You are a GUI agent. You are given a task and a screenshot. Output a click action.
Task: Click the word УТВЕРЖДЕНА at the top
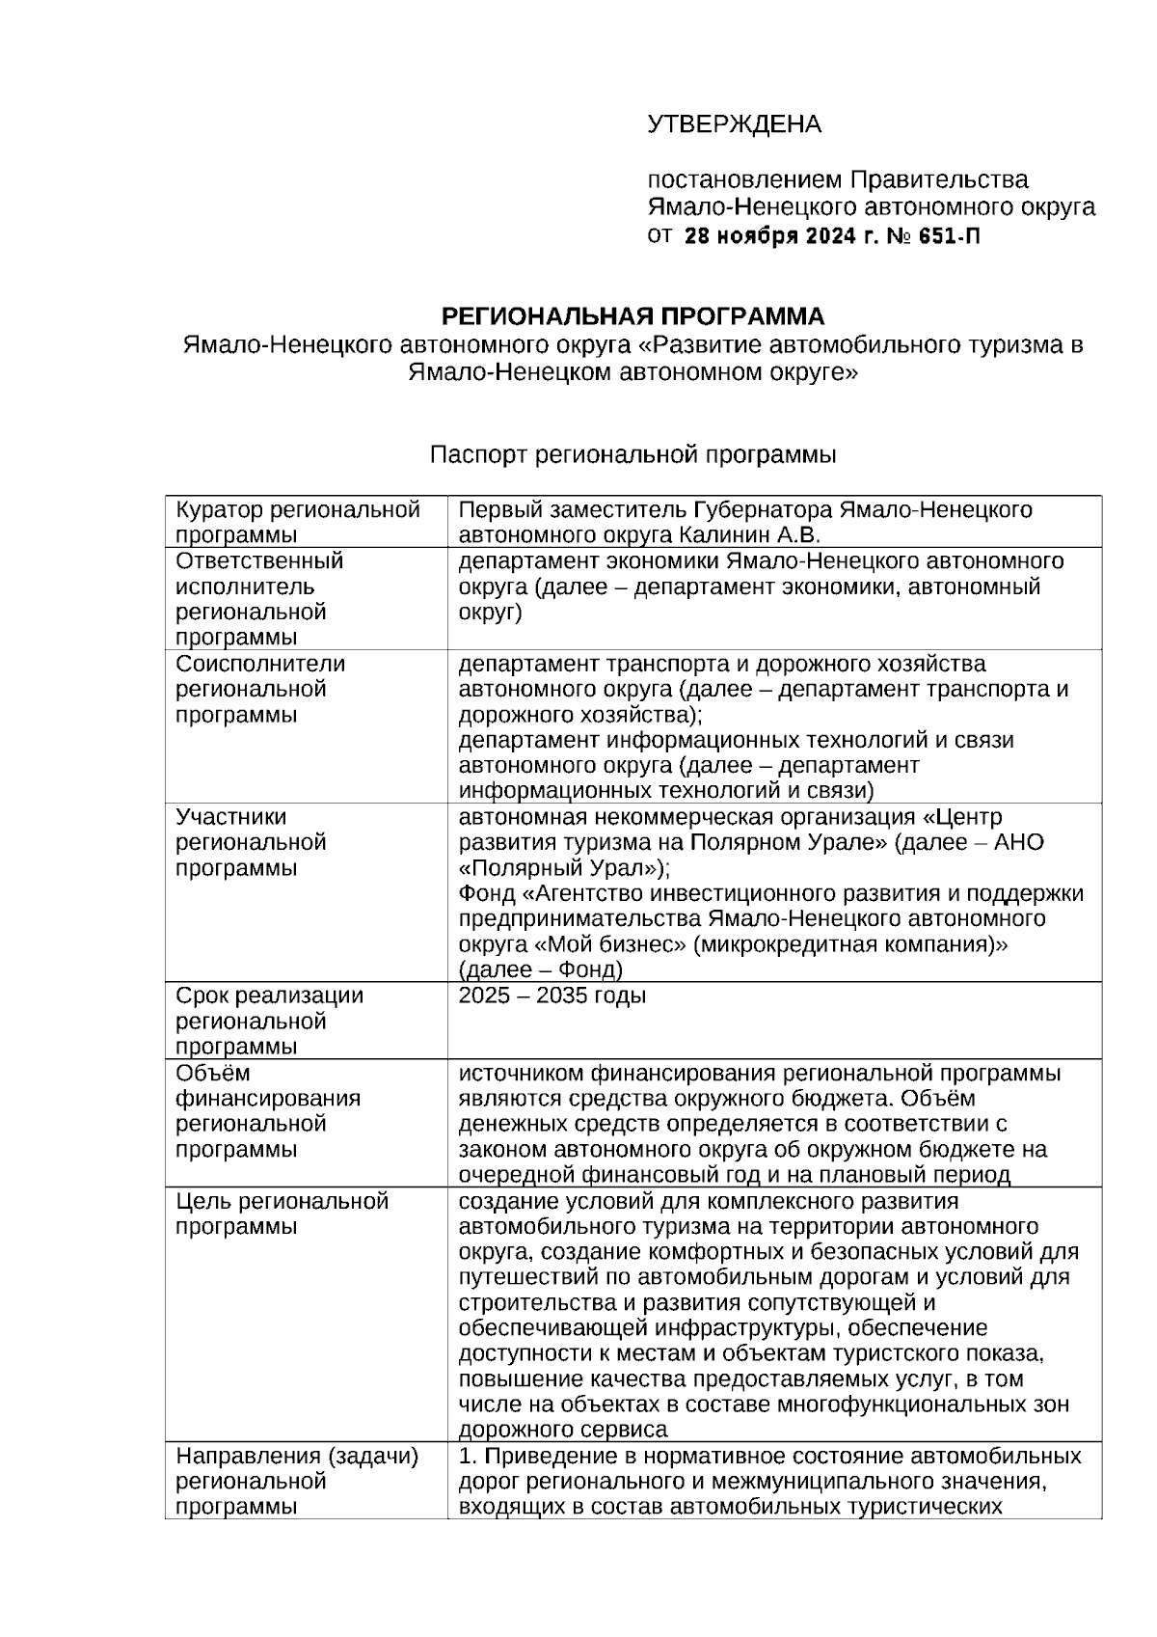[x=734, y=124]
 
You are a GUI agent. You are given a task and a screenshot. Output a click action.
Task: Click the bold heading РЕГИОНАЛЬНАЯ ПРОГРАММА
[x=632, y=316]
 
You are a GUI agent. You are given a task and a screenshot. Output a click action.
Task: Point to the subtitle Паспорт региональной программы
[x=632, y=454]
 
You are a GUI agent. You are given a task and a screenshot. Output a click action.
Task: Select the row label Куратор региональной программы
[x=298, y=522]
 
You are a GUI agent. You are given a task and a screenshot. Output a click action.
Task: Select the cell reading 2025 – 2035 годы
[x=552, y=996]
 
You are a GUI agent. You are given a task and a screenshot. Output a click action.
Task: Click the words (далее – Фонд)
[x=541, y=969]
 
